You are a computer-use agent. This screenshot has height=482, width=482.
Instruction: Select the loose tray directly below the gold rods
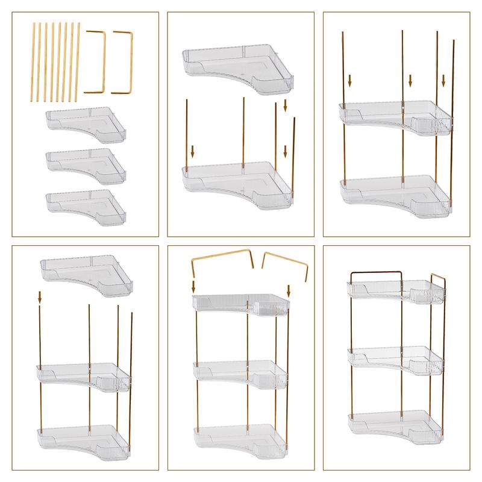coord(88,122)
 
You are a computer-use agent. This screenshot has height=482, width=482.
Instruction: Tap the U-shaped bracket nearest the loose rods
coord(96,61)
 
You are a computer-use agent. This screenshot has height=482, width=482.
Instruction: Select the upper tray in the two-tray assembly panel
coord(395,115)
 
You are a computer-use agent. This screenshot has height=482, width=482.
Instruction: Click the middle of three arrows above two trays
coord(410,80)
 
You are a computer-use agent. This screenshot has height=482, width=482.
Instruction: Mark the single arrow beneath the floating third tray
coord(40,297)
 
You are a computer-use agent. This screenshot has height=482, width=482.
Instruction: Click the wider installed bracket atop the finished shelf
coord(376,272)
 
